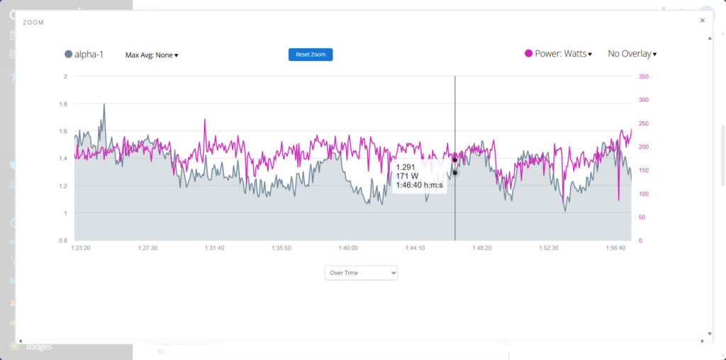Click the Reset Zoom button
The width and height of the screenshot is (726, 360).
[311, 55]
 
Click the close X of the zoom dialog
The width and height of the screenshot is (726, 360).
[703, 21]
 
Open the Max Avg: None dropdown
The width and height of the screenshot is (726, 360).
[152, 55]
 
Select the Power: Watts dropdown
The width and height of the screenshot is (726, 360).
[563, 54]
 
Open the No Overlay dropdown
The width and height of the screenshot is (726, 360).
[632, 54]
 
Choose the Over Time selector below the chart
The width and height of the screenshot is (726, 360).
[361, 273]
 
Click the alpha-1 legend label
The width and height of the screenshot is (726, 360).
[89, 54]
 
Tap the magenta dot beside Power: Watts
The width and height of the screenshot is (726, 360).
[528, 54]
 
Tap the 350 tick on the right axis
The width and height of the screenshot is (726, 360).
[644, 77]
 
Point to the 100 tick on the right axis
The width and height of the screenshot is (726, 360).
[644, 194]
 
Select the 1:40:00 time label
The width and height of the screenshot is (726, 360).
[348, 249]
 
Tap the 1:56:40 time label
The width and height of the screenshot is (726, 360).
[616, 249]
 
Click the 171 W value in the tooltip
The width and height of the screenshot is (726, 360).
[407, 176]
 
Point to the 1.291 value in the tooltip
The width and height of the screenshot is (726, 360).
[406, 167]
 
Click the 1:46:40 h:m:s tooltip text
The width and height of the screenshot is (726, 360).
[419, 186]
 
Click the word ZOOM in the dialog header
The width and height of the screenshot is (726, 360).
[33, 23]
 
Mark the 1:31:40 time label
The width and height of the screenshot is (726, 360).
[214, 249]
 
